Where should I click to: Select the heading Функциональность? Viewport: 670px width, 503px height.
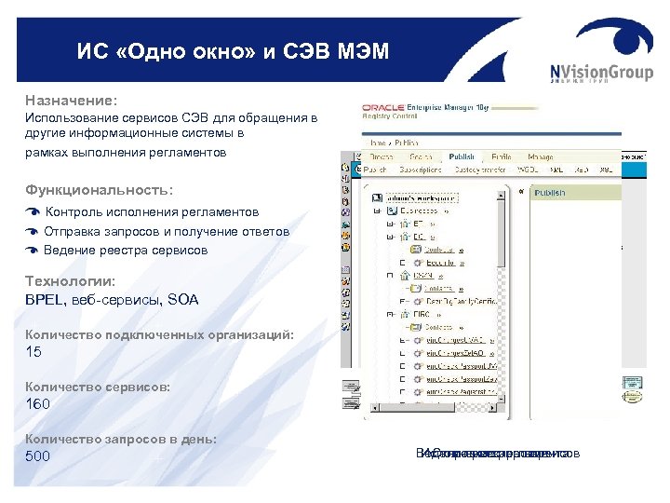99,189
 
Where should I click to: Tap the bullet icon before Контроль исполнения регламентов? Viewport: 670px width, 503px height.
32,212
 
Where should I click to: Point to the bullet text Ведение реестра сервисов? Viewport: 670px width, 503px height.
126,250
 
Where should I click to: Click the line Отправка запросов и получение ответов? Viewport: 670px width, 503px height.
167,231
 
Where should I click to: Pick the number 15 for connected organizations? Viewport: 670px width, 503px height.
33,352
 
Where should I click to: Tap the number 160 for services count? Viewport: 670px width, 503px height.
38,404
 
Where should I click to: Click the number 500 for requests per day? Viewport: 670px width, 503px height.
38,456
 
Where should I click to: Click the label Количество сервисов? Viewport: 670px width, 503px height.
98,386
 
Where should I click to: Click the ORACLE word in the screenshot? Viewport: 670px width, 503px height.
382,108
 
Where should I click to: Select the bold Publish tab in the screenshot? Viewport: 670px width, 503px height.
462,157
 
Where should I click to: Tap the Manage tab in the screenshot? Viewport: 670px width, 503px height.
541,157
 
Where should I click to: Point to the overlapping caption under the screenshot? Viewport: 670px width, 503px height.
498,454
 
